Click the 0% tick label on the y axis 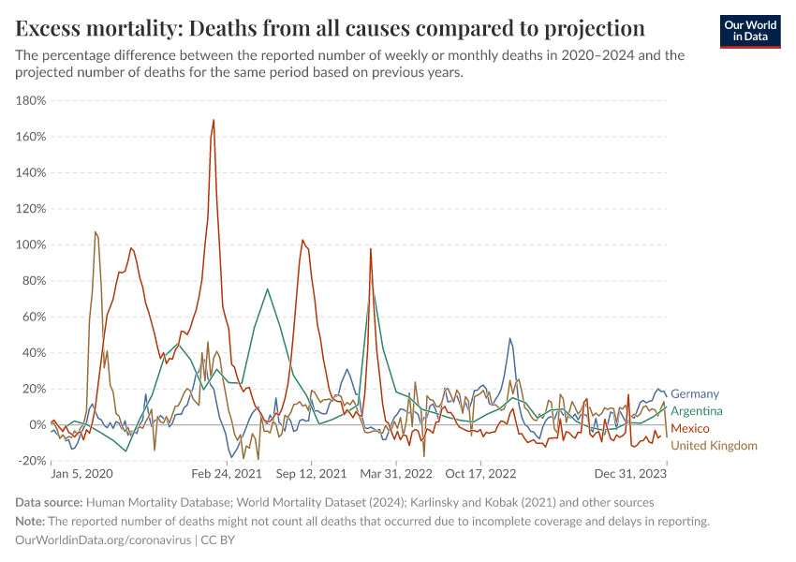(37, 424)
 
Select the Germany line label (695, 394)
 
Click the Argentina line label (697, 411)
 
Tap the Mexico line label (690, 428)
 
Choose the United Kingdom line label (715, 445)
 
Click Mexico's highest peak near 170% (214, 120)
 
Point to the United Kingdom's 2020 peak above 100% (96, 232)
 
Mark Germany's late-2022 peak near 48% (510, 339)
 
